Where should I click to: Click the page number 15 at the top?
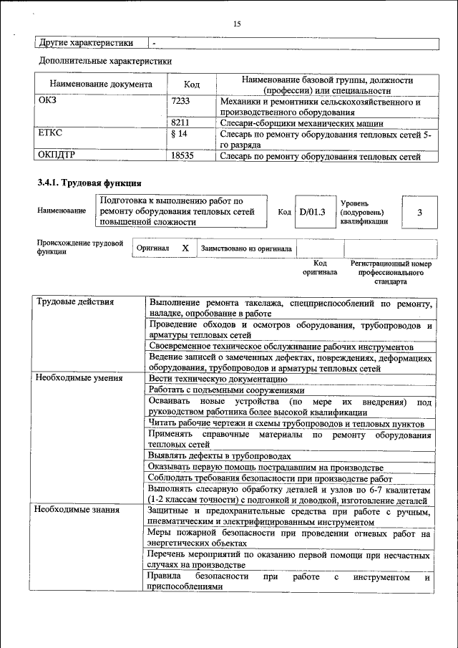[x=237, y=24]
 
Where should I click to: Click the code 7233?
[x=181, y=102]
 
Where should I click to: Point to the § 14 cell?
[x=179, y=134]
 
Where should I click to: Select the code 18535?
[x=182, y=155]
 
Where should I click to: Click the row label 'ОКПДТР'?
[x=58, y=155]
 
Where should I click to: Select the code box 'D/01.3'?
[x=312, y=212]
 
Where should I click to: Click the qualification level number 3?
[x=419, y=213]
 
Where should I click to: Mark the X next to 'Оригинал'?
[x=185, y=248]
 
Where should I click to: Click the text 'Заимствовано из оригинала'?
[x=246, y=248]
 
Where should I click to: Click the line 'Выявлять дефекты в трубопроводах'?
[x=219, y=455]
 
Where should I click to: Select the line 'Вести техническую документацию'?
[x=218, y=378]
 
